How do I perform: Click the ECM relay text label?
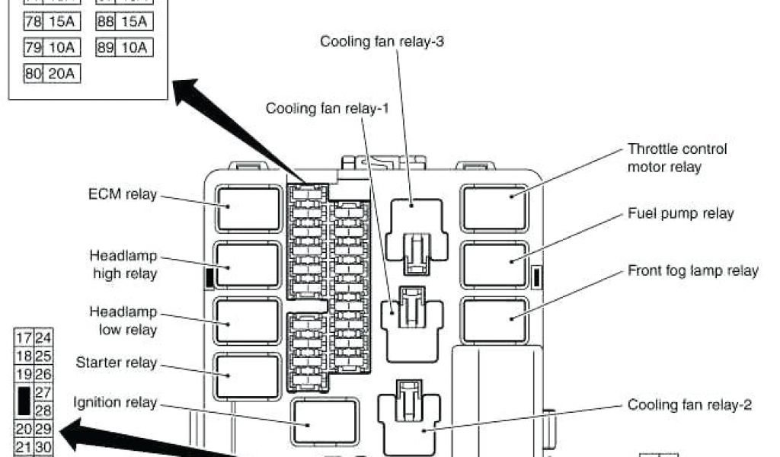tap(122, 194)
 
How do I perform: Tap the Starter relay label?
tap(117, 362)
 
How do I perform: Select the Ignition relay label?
tap(115, 401)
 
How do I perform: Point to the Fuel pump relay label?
tap(680, 213)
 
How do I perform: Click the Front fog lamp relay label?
tap(692, 270)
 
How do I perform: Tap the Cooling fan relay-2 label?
tap(690, 404)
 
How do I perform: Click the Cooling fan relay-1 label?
tap(328, 108)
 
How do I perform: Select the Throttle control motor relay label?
tap(676, 158)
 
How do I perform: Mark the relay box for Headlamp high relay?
tap(248, 265)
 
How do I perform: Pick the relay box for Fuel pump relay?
tap(495, 264)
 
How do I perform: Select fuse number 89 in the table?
tap(106, 48)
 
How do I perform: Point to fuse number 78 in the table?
tap(33, 22)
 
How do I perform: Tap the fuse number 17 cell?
tap(24, 338)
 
